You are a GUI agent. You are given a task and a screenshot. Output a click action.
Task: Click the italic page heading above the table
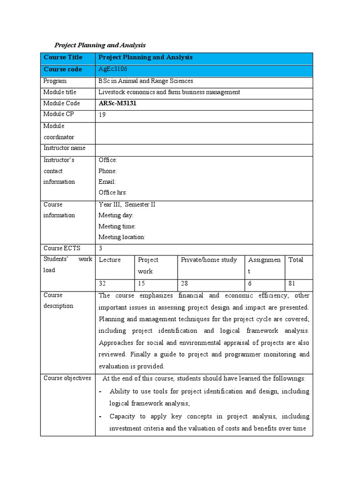[100, 45]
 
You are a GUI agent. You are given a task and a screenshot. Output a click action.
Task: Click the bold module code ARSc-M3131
[117, 104]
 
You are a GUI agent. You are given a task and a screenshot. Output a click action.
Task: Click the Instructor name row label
[64, 148]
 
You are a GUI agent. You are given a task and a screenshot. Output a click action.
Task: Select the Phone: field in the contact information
[107, 171]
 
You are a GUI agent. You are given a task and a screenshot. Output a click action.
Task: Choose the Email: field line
[107, 182]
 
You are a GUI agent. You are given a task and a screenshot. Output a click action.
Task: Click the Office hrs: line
[112, 193]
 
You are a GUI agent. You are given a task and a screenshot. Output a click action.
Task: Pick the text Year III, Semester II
[127, 204]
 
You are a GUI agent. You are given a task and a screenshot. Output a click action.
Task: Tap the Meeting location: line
[121, 237]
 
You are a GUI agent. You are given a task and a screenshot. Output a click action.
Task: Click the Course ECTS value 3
[100, 248]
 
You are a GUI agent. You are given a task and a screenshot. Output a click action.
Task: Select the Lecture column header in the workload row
[110, 260]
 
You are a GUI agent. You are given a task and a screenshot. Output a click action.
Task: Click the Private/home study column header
[209, 260]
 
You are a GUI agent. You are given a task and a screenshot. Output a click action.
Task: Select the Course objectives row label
[67, 378]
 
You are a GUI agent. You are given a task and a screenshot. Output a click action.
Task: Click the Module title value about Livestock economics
[169, 92]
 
